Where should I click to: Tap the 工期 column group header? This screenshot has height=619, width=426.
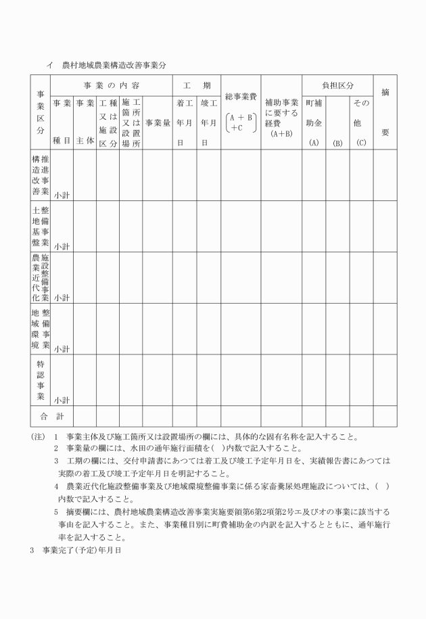(x=195, y=87)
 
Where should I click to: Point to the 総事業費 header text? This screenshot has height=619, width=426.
(x=241, y=97)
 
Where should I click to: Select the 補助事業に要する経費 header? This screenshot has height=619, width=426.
(x=281, y=114)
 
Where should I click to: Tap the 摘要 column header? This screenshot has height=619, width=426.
(x=385, y=112)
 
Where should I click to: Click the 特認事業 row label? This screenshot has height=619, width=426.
(x=40, y=380)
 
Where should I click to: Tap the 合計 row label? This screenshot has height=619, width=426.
(x=51, y=414)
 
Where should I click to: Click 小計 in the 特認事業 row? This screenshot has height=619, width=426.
(x=62, y=399)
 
